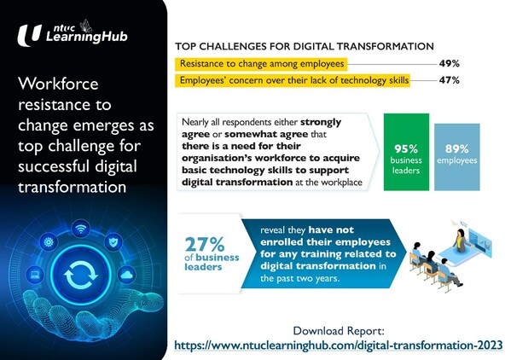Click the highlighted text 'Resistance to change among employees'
tap(260, 63)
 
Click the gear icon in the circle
tap(49, 242)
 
